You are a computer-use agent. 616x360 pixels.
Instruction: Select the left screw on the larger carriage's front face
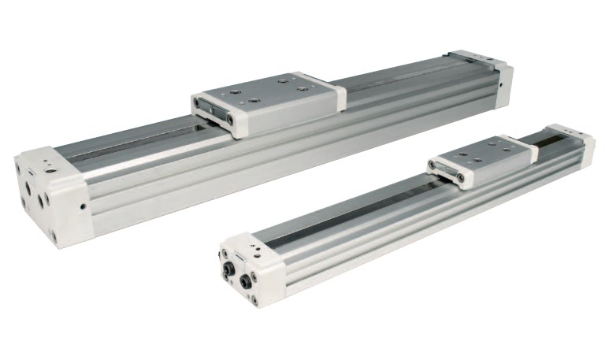coord(197,103)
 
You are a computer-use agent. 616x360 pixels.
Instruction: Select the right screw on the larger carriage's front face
coord(230,118)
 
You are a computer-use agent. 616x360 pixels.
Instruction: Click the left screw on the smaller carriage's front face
coord(432,165)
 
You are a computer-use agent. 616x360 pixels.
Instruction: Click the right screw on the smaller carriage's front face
coord(460,178)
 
